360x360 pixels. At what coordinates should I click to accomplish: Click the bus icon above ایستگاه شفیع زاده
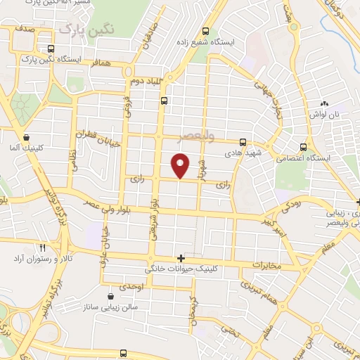(x=205, y=31)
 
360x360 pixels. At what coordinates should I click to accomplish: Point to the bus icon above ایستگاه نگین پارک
(x=50, y=49)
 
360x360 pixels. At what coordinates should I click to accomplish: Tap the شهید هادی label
(x=243, y=153)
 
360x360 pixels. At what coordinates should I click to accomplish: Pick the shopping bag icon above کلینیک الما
(x=26, y=138)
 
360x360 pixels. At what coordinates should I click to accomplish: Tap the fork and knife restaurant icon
(x=42, y=247)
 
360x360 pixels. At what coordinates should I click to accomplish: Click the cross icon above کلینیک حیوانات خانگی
(x=181, y=258)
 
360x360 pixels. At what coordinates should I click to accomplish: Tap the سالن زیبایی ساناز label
(x=111, y=307)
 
